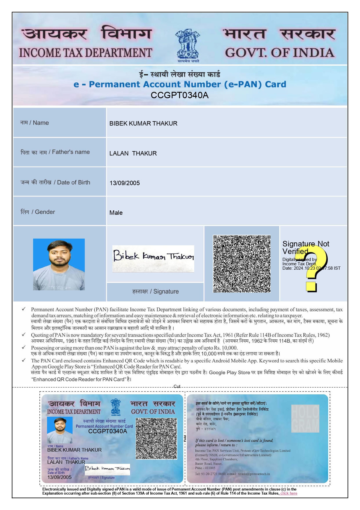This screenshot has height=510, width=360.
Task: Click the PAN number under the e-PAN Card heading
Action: click(179, 95)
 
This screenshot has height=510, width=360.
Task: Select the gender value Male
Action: click(116, 213)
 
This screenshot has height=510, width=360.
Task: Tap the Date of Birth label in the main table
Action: click(73, 182)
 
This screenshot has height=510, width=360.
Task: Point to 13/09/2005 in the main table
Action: click(125, 183)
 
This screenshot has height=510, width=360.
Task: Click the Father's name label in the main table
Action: click(71, 152)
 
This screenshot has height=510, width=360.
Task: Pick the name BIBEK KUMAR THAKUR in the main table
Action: click(143, 124)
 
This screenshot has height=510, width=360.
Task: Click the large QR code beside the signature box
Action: click(242, 264)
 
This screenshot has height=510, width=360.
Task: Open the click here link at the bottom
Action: click(289, 493)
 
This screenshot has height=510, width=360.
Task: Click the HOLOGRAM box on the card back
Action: click(305, 418)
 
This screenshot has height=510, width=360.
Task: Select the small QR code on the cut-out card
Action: click(156, 439)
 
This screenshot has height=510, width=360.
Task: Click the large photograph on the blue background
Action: click(59, 264)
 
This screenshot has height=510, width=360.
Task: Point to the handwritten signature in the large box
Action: click(153, 257)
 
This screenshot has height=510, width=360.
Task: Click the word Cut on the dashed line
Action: click(177, 386)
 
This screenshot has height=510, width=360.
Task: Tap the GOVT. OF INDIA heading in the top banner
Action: click(279, 53)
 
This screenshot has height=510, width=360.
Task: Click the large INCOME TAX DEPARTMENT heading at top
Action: click(85, 53)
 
